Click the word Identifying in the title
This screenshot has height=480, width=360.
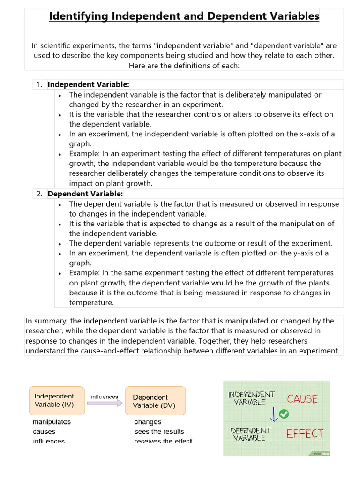tap(78, 16)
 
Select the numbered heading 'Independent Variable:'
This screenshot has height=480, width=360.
tap(88, 84)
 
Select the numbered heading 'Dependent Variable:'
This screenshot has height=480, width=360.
tap(85, 194)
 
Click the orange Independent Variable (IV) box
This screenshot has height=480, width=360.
tap(57, 400)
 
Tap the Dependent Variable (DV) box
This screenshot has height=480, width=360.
tap(155, 401)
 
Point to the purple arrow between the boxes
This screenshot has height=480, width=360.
tap(105, 404)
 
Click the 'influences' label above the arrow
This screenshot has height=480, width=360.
tap(105, 397)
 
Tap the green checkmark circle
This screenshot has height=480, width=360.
tap(284, 414)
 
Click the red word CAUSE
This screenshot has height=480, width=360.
tap(302, 399)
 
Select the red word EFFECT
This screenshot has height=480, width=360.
tap(305, 434)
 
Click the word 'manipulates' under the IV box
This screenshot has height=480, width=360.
tap(52, 422)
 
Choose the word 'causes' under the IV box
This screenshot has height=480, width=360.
tap(44, 431)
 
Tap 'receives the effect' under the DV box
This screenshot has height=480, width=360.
tap(163, 441)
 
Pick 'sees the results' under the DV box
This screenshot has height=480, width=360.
tap(159, 431)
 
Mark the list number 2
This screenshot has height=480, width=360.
tap(39, 194)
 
